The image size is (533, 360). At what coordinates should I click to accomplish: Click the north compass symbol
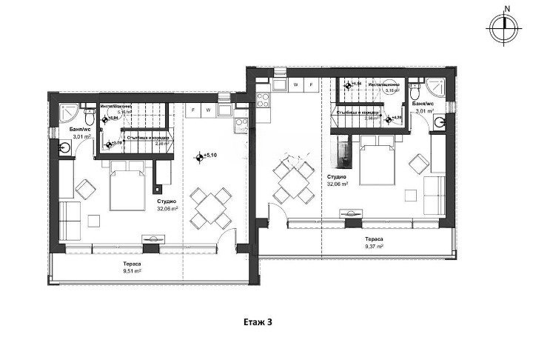coord(503,26)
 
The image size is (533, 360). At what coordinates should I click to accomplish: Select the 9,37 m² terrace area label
coord(373,244)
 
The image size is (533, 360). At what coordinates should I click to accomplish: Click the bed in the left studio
coord(127,189)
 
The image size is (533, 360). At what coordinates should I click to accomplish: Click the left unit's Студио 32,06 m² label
coord(165,205)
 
